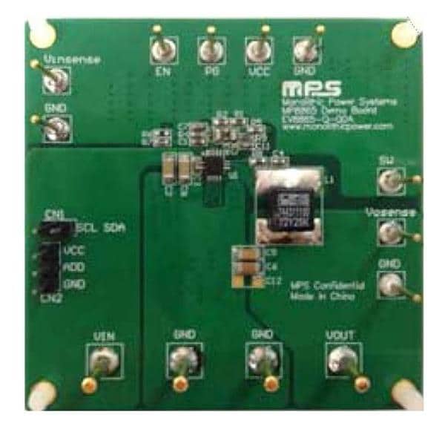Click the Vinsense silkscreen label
tap(70, 58)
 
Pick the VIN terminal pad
tap(102, 363)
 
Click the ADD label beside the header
tap(73, 267)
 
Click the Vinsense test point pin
tap(52, 81)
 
